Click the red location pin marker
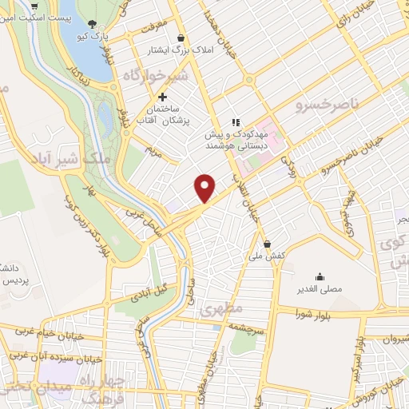(205, 186)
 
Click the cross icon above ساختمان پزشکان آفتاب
(163, 96)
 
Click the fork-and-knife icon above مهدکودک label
(236, 122)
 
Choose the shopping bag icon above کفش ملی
(268, 244)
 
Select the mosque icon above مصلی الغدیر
(320, 275)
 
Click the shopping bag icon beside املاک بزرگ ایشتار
(181, 38)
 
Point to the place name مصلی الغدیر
(320, 288)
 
